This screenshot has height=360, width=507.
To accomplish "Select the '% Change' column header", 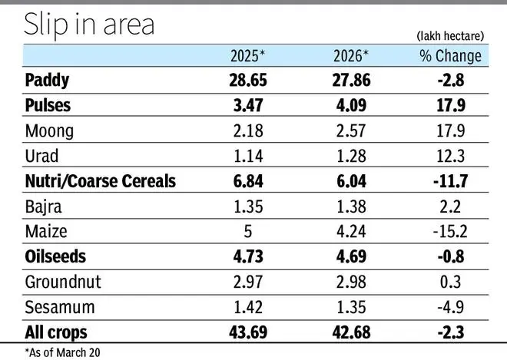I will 450,55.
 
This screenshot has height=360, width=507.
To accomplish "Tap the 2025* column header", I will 248,55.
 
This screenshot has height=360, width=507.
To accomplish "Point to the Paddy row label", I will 48,80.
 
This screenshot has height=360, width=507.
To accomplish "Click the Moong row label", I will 49,130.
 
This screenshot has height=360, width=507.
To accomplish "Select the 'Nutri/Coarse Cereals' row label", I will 101,181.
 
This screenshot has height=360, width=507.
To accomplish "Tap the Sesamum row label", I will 60,307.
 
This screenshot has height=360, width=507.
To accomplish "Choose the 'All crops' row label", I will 56,332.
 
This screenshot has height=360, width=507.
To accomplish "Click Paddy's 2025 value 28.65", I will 248,80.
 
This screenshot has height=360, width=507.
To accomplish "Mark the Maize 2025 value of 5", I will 248,232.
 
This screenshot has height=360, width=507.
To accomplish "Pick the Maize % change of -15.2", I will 450,232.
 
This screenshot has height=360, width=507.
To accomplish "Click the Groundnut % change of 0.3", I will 450,282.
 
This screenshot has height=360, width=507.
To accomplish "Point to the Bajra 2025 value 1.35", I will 248,206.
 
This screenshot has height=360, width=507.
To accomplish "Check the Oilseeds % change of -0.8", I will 450,256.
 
